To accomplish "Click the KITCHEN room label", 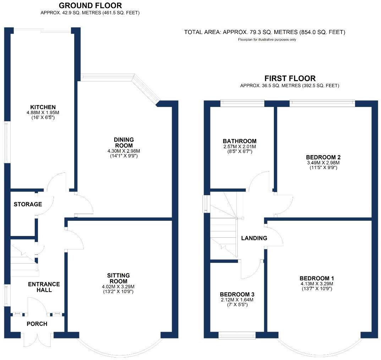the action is click(x=43, y=107).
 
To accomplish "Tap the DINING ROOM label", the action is click(x=124, y=142).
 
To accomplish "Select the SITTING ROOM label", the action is click(x=118, y=278).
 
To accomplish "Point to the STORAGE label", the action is click(x=28, y=204).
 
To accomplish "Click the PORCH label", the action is click(x=37, y=324).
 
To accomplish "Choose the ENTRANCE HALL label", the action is click(x=44, y=287).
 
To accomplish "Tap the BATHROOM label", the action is click(x=239, y=141).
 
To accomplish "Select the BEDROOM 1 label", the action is click(x=316, y=278).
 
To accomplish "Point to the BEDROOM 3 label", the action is click(x=237, y=294).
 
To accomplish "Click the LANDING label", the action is click(x=254, y=238).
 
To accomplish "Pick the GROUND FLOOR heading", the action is click(x=90, y=6).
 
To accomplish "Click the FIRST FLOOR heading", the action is click(x=290, y=79).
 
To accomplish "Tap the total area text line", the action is click(x=265, y=32).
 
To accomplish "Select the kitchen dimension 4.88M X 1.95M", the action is click(x=43, y=113).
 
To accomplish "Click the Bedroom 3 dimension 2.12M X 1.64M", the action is click(x=237, y=300).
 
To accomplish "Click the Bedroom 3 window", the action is click(x=237, y=335).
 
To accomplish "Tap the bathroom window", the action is click(x=242, y=103).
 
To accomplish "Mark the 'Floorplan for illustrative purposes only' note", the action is click(x=267, y=40).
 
